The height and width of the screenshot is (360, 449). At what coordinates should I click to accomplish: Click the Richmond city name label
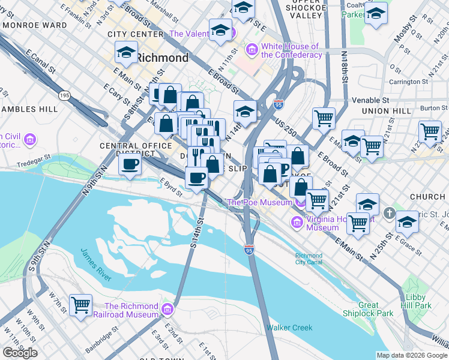click(x=162, y=58)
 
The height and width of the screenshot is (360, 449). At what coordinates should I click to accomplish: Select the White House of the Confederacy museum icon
click(x=252, y=49)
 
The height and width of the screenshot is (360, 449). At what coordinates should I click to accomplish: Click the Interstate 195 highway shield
click(x=65, y=96)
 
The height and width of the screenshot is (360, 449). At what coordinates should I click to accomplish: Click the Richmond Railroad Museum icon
click(x=167, y=310)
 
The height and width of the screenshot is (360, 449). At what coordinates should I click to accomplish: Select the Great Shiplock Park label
click(x=368, y=309)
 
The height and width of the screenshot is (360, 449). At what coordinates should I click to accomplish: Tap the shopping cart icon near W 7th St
click(x=80, y=304)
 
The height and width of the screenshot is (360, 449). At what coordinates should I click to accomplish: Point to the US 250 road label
click(x=288, y=122)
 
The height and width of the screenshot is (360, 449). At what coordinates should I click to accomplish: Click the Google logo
click(x=20, y=353)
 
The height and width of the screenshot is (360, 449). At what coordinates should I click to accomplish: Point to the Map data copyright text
click(x=412, y=355)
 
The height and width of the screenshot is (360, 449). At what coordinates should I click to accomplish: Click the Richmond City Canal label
click(x=309, y=259)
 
